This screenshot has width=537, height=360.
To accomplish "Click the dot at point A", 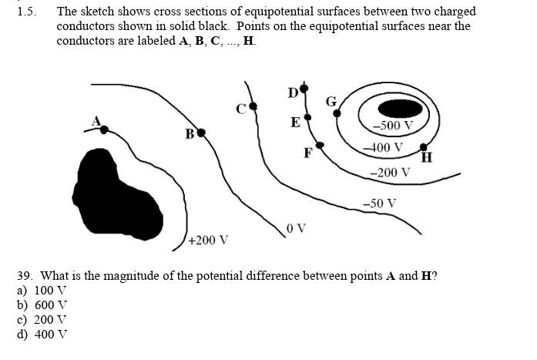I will (x=105, y=130).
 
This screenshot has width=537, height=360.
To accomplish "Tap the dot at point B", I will (x=201, y=133).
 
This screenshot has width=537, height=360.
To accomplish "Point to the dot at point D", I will (x=304, y=89).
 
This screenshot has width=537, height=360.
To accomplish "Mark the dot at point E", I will (x=307, y=118).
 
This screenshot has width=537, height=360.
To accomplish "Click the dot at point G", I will (x=337, y=113).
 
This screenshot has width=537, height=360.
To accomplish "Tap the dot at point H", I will (x=423, y=146).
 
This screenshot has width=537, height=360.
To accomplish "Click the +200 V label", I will (x=208, y=240).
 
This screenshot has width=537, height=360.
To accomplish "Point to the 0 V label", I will (x=296, y=228).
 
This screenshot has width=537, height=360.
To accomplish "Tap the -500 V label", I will (x=392, y=126).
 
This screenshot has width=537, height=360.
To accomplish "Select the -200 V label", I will (x=390, y=172).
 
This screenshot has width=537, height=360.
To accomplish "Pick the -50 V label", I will (x=379, y=204).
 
